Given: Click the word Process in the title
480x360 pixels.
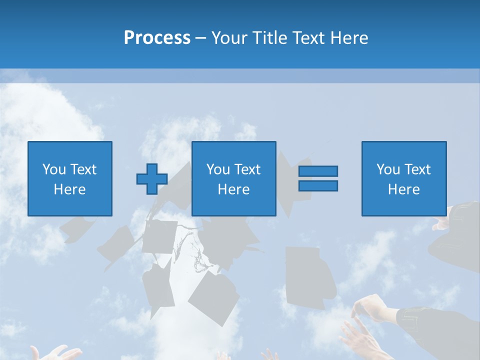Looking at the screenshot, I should [x=157, y=37].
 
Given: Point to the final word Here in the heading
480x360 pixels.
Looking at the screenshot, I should [x=349, y=37].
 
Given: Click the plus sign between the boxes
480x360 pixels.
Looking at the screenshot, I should [x=152, y=179].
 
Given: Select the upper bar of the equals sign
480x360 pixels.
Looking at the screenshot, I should [x=318, y=171].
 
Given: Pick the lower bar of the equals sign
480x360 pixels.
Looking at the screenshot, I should [x=318, y=185].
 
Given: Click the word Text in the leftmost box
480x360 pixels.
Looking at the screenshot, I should [x=83, y=169].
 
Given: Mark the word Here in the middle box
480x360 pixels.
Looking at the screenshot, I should [x=234, y=189].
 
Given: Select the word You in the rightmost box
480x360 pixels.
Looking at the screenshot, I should [x=388, y=169].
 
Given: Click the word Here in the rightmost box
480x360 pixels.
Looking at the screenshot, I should [x=404, y=189].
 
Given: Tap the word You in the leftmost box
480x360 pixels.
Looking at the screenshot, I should [x=54, y=169].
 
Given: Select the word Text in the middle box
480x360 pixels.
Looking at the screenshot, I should [x=247, y=169].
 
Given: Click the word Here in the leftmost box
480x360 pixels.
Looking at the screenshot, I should [x=70, y=189].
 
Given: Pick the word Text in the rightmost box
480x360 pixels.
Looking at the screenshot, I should [x=417, y=169].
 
